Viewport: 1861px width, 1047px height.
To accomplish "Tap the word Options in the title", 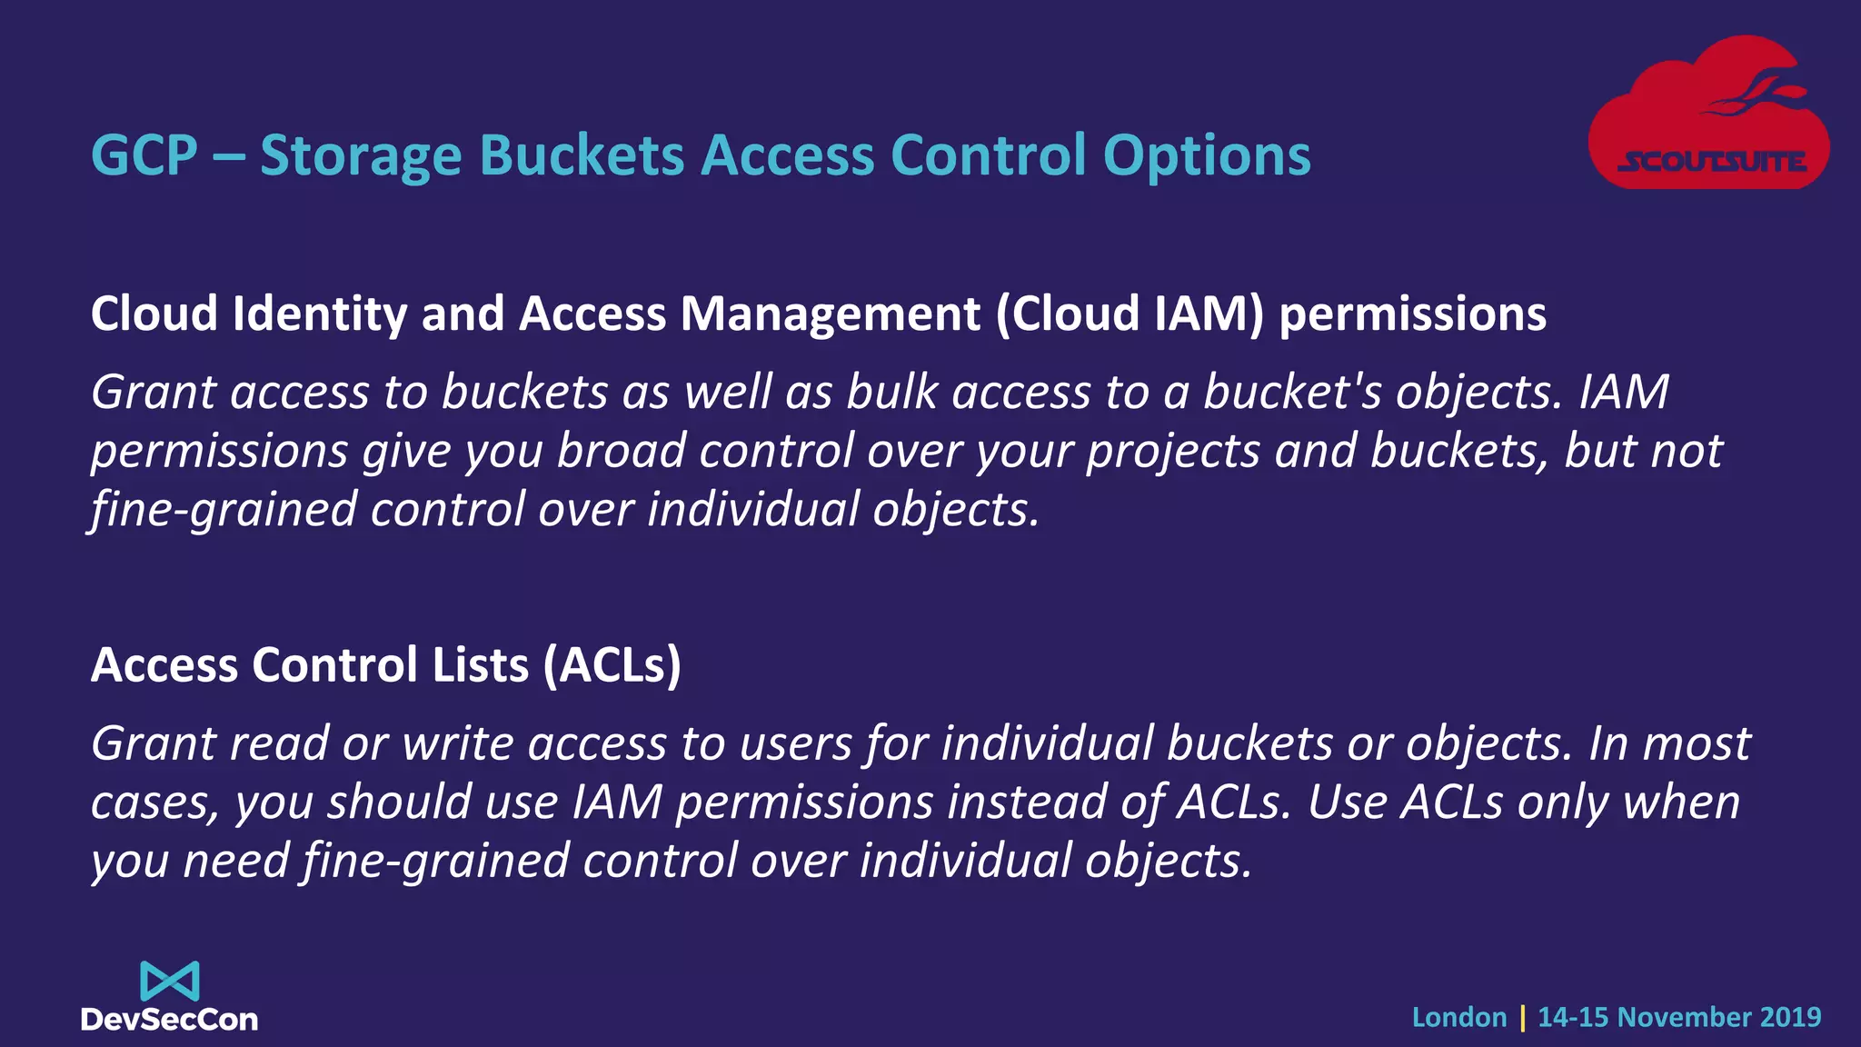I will click(x=1207, y=156).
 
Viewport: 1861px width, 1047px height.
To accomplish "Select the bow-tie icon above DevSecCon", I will click(x=170, y=981).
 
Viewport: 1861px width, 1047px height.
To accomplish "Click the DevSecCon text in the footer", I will click(x=170, y=1020).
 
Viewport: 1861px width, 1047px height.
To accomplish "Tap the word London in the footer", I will click(x=1458, y=1017).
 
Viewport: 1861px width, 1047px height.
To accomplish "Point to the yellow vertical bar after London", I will click(x=1522, y=1018).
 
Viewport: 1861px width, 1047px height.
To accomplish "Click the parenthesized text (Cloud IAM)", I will click(x=1130, y=314).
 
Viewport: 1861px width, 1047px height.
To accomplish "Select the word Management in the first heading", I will click(x=831, y=314).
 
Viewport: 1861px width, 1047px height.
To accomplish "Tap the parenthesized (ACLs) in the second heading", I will click(x=612, y=665).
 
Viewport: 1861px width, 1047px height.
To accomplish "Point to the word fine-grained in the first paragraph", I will click(x=222, y=510).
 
